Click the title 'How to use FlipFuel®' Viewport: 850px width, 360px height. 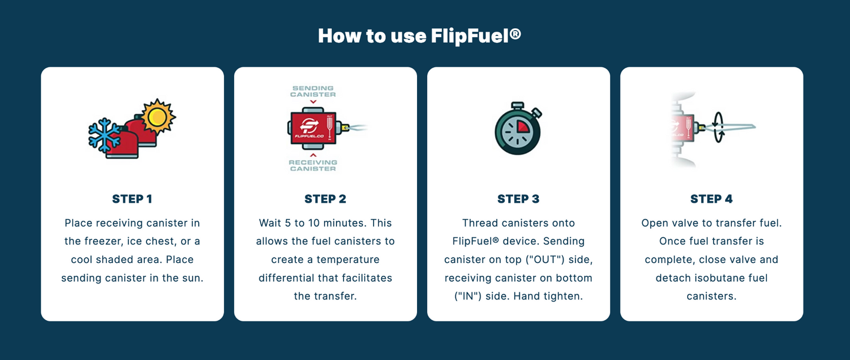419,36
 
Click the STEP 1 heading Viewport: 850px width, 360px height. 132,199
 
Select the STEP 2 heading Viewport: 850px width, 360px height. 325,199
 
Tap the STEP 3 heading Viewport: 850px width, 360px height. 518,199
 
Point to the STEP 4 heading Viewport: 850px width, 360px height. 711,199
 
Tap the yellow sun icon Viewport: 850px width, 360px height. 157,117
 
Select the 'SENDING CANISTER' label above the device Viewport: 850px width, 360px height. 314,91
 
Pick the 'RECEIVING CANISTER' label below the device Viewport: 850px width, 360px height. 314,165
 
